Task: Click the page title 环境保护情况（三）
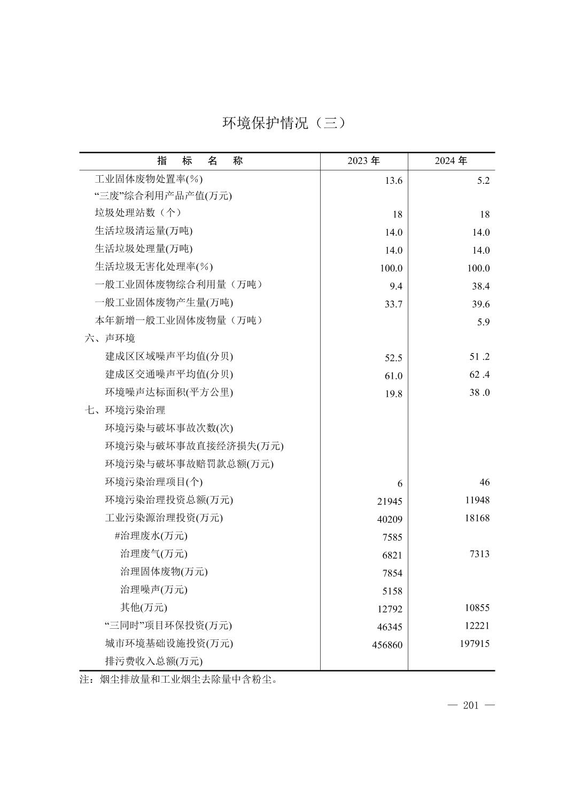point(284,123)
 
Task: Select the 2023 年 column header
point(363,161)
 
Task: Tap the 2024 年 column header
point(451,161)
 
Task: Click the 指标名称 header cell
point(200,161)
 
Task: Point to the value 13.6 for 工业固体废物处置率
point(393,181)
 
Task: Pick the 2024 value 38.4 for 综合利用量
point(480,286)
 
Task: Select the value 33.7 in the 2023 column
point(393,304)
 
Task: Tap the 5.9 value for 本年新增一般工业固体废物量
point(483,322)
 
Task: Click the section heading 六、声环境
point(110,338)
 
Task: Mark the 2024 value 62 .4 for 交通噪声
point(479,374)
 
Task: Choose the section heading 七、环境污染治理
point(125,410)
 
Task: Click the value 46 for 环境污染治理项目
point(484,482)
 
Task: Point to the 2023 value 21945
point(389,502)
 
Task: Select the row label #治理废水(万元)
point(151,536)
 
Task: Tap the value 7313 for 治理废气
point(479,554)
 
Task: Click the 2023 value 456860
point(387,645)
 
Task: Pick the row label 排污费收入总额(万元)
point(154,661)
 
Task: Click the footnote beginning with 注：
point(179,680)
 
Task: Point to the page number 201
point(471,706)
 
